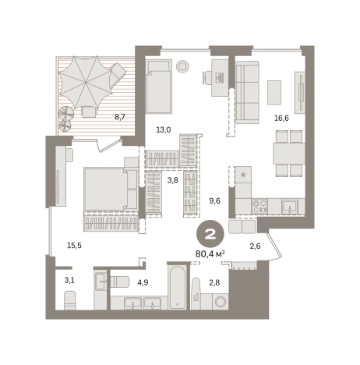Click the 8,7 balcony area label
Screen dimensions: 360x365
point(120,117)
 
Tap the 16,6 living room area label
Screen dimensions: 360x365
point(281,119)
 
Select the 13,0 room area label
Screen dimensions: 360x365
point(164,129)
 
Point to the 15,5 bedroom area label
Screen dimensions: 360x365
point(74,245)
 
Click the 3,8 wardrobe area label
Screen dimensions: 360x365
point(172,180)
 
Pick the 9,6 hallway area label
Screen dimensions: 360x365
point(215,200)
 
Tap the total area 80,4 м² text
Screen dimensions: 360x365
point(210,253)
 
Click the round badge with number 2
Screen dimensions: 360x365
point(210,235)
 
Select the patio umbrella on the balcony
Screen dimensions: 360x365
point(86,82)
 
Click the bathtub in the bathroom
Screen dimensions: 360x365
point(177,287)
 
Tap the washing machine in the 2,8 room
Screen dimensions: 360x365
point(221,302)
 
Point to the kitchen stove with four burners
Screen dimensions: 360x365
point(259,206)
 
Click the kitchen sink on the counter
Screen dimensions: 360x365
point(290,207)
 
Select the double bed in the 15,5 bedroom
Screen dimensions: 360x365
point(111,190)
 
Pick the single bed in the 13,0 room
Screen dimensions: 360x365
point(158,87)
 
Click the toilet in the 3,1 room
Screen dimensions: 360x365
point(70,300)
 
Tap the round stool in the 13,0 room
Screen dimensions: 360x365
point(182,66)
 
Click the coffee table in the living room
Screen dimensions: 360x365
point(274,93)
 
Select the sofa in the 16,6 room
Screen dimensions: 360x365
point(247,92)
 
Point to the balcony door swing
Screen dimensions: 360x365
point(109,146)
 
